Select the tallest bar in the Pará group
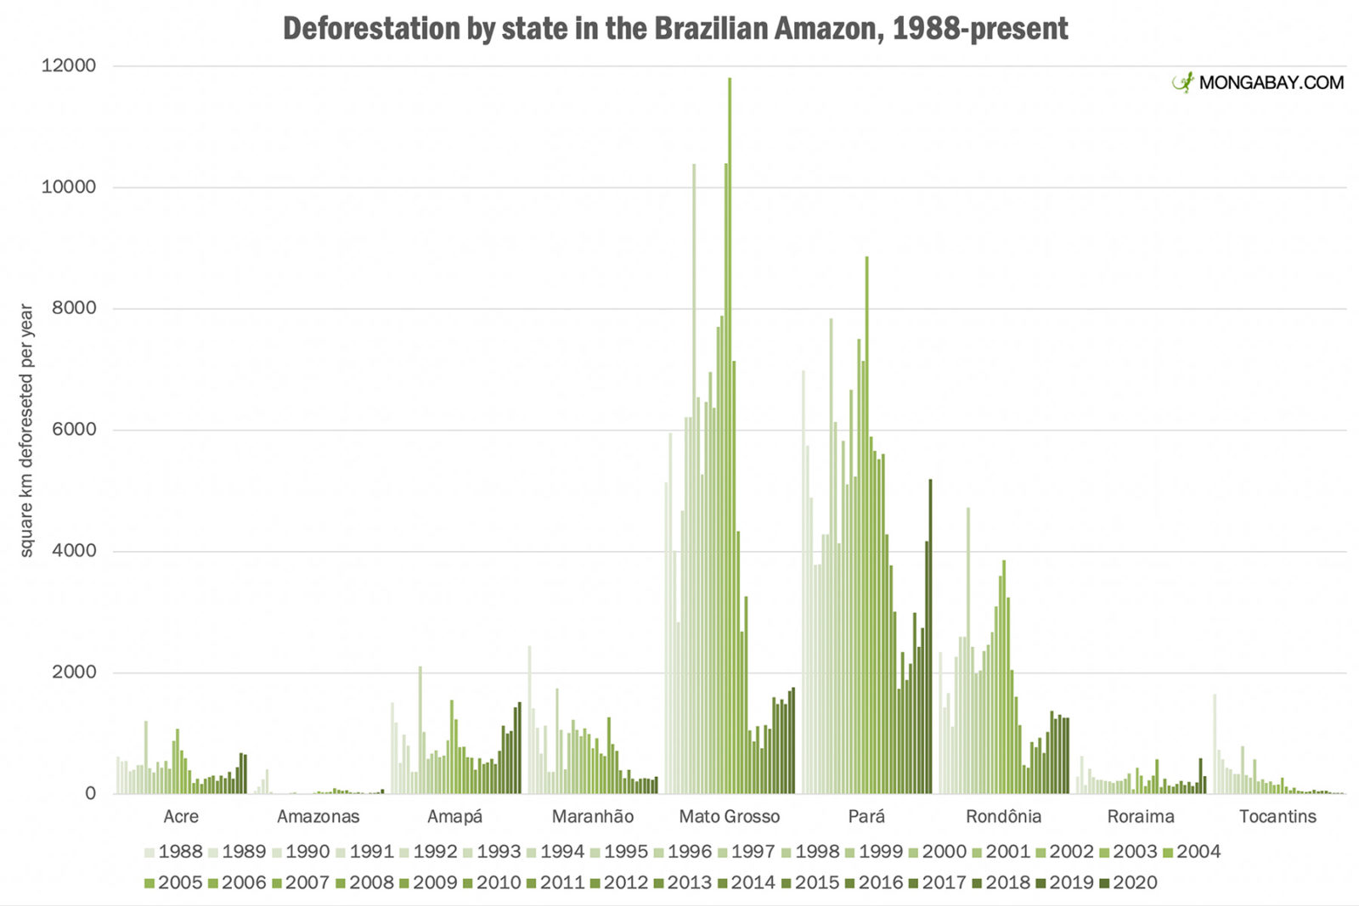click(866, 526)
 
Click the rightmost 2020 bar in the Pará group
click(930, 637)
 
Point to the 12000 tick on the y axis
click(69, 65)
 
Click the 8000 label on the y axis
click(74, 308)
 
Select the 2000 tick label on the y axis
click(74, 672)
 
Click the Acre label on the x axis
click(181, 817)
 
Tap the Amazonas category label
click(319, 817)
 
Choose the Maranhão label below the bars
click(593, 817)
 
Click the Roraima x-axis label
click(1141, 817)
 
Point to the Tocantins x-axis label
click(1277, 817)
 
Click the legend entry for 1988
click(174, 852)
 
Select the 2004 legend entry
click(1192, 852)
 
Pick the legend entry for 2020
click(1128, 883)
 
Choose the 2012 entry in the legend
click(619, 883)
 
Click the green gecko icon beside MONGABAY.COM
click(1183, 82)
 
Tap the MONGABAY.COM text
click(1272, 83)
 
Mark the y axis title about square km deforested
click(26, 430)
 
